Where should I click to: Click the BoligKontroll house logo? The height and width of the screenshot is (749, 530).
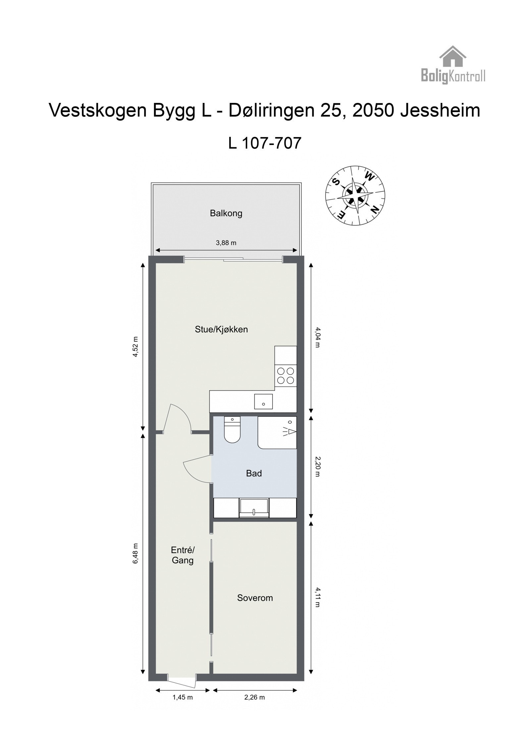[453, 65]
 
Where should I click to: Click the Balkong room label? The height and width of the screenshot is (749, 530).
[226, 213]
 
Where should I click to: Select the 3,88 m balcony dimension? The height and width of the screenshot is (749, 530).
[226, 243]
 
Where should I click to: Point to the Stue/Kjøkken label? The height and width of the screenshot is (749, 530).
[221, 329]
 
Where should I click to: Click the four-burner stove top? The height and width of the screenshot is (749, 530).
[286, 376]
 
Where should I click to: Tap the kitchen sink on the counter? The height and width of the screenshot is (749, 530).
[263, 401]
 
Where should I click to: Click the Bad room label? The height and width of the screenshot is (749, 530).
[254, 473]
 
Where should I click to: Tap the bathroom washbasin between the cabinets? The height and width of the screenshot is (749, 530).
[254, 508]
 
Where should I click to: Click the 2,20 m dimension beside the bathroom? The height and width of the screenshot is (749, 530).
[317, 466]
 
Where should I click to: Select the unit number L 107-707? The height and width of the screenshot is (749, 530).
[265, 143]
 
